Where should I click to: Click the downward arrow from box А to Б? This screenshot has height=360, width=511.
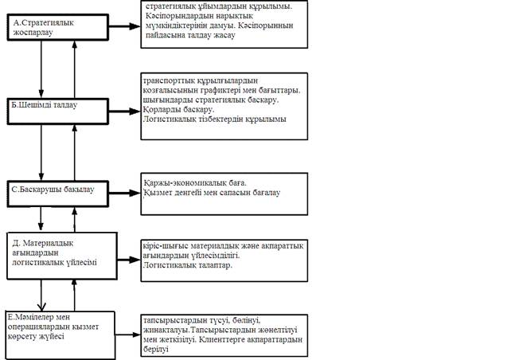(41, 68)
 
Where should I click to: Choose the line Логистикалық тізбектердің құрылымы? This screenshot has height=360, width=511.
(214, 119)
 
